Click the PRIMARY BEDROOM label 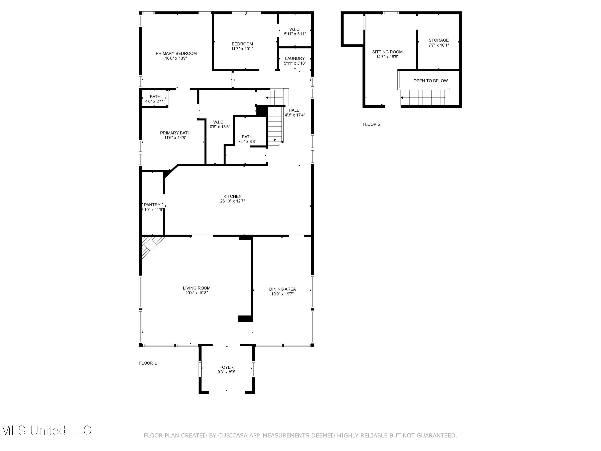point(176,53)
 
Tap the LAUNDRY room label point(295,59)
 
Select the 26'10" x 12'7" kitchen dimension point(233,201)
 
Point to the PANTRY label point(152,205)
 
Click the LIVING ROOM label point(197,288)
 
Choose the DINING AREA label point(282,289)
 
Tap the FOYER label point(226,367)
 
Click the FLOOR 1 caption point(148,363)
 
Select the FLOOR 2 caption point(371,124)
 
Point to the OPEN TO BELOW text point(430,81)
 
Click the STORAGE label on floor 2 point(439,40)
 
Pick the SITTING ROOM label point(387,52)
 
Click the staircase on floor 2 point(424,97)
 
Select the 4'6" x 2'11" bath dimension point(155,101)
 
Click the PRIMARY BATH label point(175,133)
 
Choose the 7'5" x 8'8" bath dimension point(247,142)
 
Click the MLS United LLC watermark point(46,430)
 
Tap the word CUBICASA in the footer point(233,436)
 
